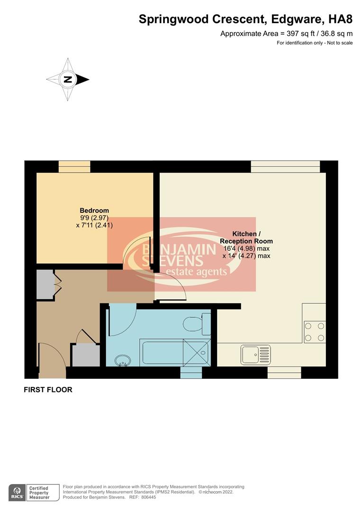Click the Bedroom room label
(94, 210)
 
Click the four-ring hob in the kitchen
(315, 331)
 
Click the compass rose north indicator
(68, 80)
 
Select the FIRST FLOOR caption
(48, 390)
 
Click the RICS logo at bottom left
(17, 492)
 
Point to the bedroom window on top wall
(74, 166)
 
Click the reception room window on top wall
(285, 166)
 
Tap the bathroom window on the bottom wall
(191, 373)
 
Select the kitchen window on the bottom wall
(284, 373)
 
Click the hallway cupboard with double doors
(46, 284)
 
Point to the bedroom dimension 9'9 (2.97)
(94, 218)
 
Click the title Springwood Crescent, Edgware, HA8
(245, 19)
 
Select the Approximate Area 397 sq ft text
(286, 34)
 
